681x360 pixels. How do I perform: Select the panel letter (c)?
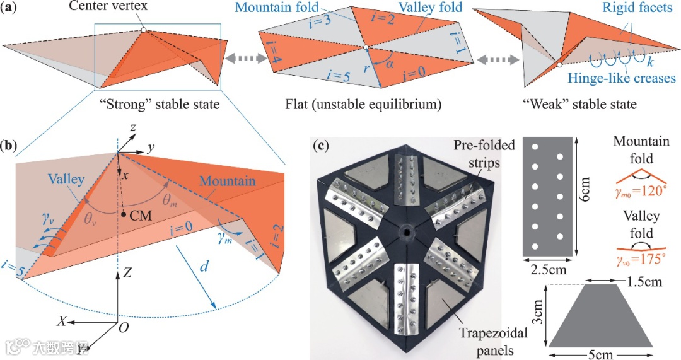pos(322,148)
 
